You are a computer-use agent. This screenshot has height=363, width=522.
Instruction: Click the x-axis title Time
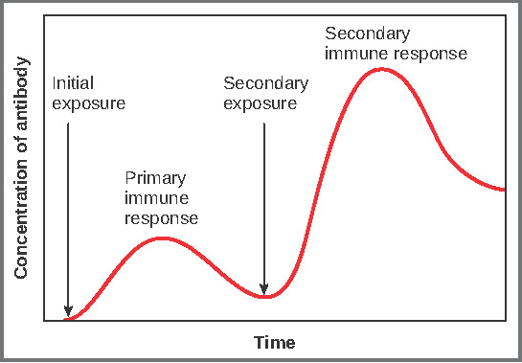tap(274, 342)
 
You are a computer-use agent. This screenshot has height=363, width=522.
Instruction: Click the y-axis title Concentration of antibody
tap(21, 168)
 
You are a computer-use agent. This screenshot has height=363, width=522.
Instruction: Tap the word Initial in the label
tap(73, 83)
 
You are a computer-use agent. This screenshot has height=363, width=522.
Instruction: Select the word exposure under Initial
tap(89, 103)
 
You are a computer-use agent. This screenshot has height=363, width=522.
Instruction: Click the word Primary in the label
tap(155, 178)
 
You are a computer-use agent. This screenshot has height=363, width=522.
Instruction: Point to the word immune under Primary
tap(156, 198)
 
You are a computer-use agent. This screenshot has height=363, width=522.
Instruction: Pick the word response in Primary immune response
tap(162, 218)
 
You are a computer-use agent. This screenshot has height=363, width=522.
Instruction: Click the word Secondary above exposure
tap(265, 83)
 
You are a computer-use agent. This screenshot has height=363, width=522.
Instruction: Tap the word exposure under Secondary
tap(260, 103)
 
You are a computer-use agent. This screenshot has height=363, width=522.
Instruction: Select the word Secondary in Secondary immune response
tap(367, 34)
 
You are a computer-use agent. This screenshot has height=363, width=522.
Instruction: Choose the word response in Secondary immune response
tap(430, 55)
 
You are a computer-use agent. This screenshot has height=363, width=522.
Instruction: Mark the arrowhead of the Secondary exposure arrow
tap(264, 290)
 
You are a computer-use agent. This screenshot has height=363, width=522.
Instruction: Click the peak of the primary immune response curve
tap(162, 238)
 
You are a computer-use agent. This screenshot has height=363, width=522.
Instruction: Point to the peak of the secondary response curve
tap(381, 69)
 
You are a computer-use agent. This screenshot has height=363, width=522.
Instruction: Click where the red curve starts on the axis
tap(65, 319)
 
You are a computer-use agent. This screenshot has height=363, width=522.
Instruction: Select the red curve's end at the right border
tap(504, 190)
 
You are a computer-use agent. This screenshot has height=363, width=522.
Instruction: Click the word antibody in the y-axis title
tap(21, 94)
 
